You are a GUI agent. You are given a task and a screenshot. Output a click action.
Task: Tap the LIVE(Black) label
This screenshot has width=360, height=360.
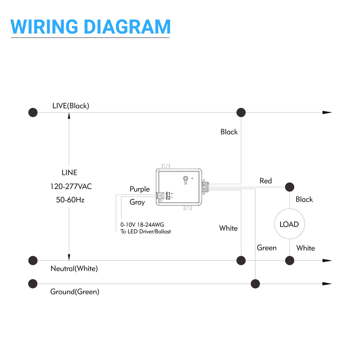pyautogui.click(x=71, y=106)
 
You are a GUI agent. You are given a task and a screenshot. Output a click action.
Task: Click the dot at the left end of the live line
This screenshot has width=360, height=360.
pyautogui.click(x=33, y=112)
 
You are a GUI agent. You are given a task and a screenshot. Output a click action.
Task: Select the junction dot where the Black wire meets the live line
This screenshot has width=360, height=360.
pyautogui.click(x=241, y=112)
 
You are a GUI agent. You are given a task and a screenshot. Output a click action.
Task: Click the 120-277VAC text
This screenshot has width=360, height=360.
pyautogui.click(x=71, y=187)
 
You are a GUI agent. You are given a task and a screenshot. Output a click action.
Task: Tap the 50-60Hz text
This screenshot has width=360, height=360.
pyautogui.click(x=70, y=200)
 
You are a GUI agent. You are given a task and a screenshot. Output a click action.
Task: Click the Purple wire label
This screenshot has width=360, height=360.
pyautogui.click(x=139, y=189)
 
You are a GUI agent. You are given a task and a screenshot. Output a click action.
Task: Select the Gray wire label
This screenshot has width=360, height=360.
pyautogui.click(x=137, y=202)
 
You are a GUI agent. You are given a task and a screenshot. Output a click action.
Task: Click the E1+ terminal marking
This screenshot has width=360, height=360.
pyautogui.click(x=169, y=194)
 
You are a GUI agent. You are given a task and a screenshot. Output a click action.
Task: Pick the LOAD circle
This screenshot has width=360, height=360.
pyautogui.click(x=289, y=224)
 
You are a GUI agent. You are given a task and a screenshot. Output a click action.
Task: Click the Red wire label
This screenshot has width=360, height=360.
pyautogui.click(x=265, y=181)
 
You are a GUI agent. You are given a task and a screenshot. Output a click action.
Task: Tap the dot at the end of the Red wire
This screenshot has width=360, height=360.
pyautogui.click(x=289, y=187)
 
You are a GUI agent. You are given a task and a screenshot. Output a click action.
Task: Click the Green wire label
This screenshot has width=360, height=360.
pyautogui.click(x=267, y=248)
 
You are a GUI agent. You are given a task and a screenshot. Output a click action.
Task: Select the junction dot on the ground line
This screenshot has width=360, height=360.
pyautogui.click(x=255, y=284)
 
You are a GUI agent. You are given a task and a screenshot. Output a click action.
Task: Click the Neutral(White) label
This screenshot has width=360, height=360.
pyautogui.click(x=74, y=269)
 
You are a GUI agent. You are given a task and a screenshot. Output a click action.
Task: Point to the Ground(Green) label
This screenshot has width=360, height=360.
pyautogui.click(x=75, y=292)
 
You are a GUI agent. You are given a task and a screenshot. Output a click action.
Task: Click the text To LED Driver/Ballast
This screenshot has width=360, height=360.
pyautogui.click(x=146, y=232)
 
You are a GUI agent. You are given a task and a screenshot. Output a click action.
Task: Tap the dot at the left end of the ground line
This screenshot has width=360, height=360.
pyautogui.click(x=33, y=284)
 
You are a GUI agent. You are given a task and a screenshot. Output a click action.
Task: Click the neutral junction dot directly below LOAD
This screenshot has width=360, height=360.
pyautogui.click(x=289, y=261)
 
